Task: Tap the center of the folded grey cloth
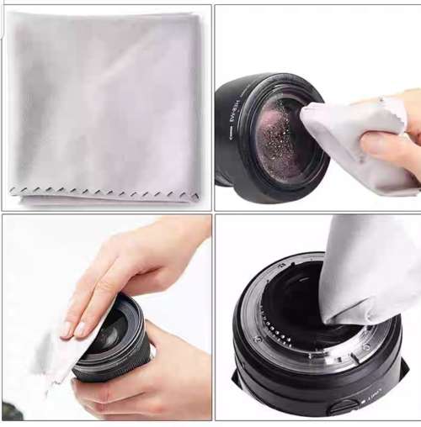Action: point(105,105)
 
